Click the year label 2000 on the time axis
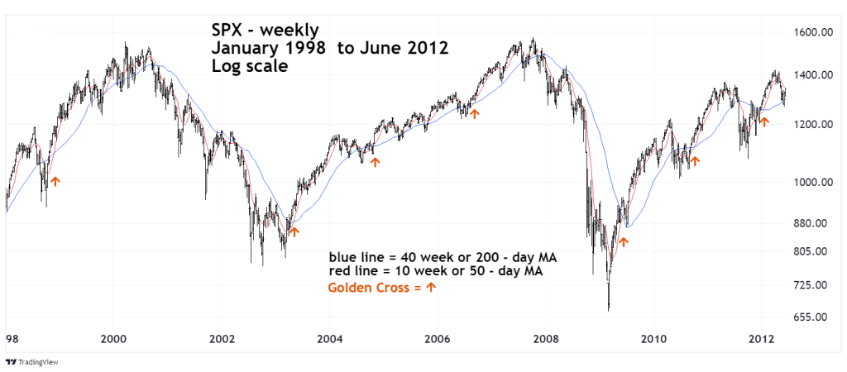(x=113, y=338)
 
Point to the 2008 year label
(x=544, y=338)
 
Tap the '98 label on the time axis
(x=10, y=338)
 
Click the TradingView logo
(x=33, y=362)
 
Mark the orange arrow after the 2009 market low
(x=624, y=242)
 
